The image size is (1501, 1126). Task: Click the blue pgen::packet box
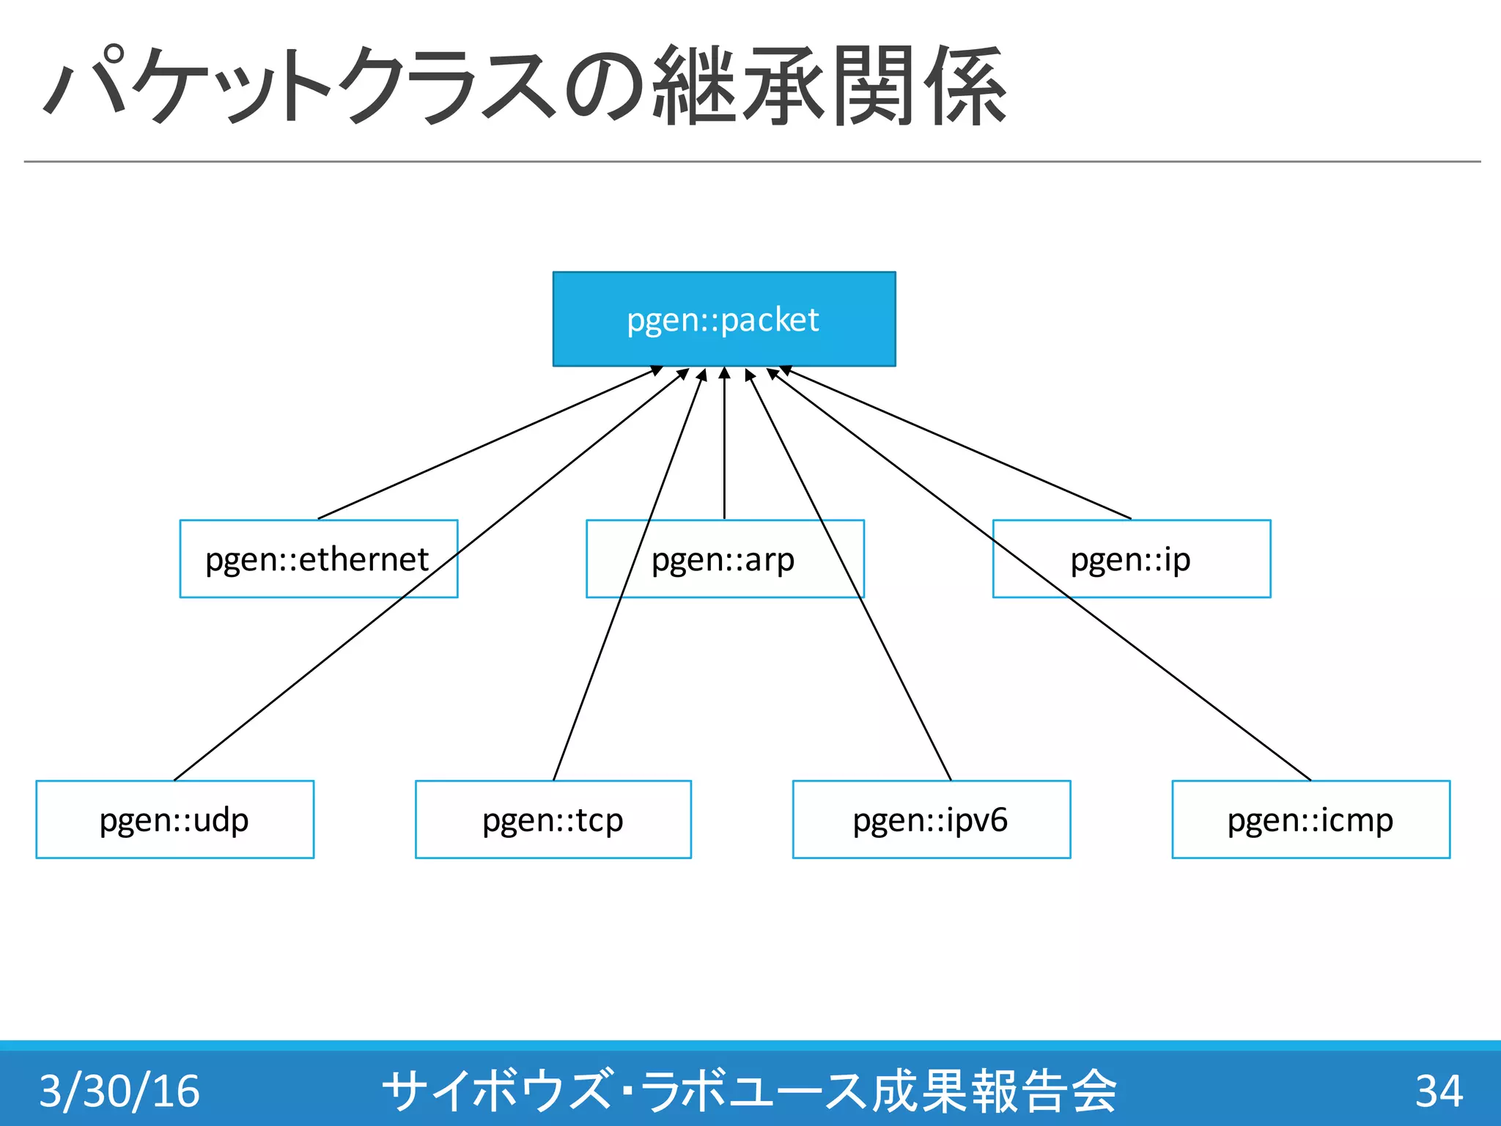point(723,319)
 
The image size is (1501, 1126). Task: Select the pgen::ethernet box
point(318,559)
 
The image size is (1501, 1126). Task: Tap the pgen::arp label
point(723,559)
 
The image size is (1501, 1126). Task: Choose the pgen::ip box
point(1131,559)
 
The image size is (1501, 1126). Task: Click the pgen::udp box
point(174,819)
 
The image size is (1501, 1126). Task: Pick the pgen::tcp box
point(553,819)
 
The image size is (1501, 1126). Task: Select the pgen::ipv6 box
point(931,819)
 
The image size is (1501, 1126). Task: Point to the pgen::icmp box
point(1310,819)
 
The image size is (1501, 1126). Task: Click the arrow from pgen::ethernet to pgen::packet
point(490,444)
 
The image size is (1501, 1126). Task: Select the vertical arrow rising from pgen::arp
point(724,447)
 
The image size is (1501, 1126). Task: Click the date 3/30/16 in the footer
point(119,1090)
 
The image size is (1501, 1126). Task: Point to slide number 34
point(1439,1090)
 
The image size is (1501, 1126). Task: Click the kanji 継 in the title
point(693,86)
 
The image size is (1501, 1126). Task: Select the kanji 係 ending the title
point(965,86)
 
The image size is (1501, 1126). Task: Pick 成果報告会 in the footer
point(993,1090)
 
